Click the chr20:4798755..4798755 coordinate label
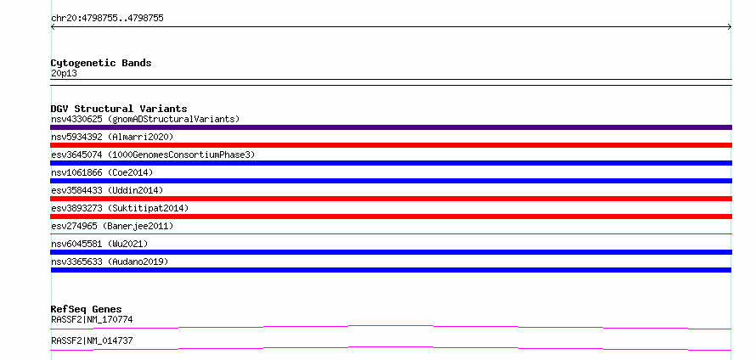(x=107, y=19)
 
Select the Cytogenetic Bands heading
(x=101, y=63)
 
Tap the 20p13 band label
(x=64, y=74)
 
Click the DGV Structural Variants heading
(x=119, y=109)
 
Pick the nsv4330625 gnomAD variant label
(x=145, y=119)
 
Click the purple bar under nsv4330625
(x=391, y=127)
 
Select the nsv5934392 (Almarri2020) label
(x=112, y=137)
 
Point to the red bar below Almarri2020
(x=391, y=145)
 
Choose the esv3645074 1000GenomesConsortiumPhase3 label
(x=153, y=155)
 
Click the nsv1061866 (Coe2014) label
(x=102, y=172)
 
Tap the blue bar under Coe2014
(x=391, y=181)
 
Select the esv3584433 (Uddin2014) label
(x=107, y=190)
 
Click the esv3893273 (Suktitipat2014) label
(x=120, y=208)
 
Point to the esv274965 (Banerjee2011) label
(x=112, y=226)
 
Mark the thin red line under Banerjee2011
(x=391, y=233)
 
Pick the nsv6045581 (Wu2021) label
(x=99, y=244)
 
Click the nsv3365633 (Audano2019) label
(x=110, y=262)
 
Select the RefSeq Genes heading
(x=87, y=309)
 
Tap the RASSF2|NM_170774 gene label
(x=92, y=319)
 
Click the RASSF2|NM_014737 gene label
(x=92, y=340)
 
